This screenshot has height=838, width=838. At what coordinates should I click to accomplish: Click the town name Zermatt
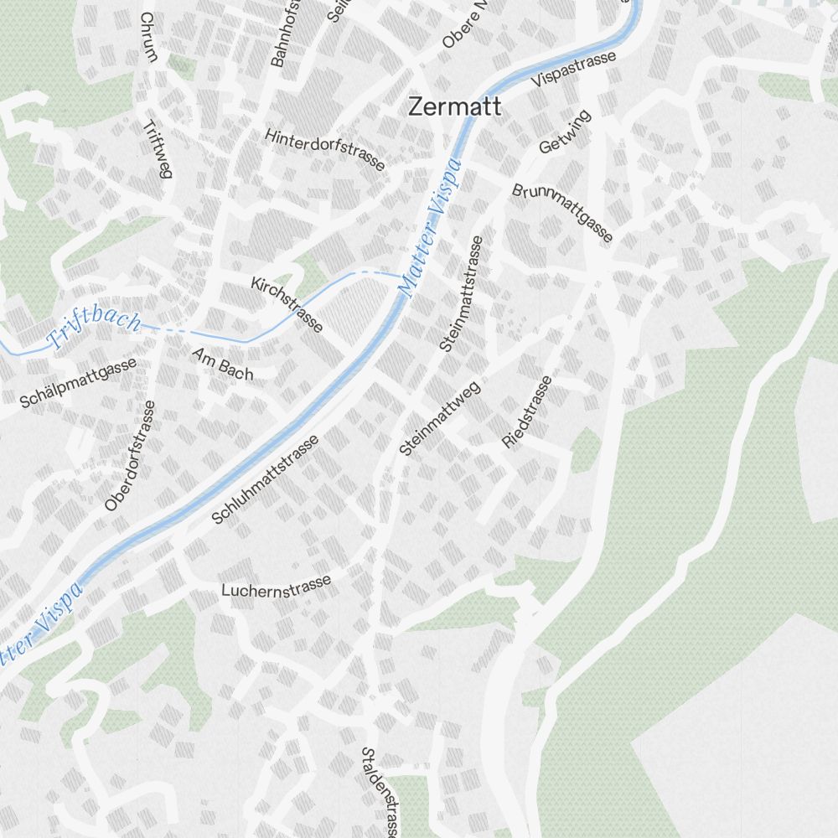[x=455, y=107]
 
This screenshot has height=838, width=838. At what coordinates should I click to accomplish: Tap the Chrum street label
[x=148, y=38]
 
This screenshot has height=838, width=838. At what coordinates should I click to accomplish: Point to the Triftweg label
[x=157, y=148]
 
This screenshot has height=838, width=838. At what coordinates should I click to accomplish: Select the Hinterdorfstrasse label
[x=325, y=149]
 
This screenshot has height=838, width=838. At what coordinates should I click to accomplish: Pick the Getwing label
[x=565, y=132]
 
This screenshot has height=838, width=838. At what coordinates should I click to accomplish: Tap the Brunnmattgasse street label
[x=562, y=213]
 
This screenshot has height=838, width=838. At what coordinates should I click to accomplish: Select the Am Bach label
[x=222, y=365]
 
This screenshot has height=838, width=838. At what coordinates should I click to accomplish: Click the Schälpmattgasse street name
[x=79, y=383]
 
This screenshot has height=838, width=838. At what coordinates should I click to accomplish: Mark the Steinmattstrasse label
[x=461, y=293]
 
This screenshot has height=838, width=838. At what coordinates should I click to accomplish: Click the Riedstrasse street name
[x=527, y=411]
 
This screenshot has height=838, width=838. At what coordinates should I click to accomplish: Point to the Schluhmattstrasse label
[x=265, y=480]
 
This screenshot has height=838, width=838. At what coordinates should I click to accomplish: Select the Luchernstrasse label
[x=277, y=586]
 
